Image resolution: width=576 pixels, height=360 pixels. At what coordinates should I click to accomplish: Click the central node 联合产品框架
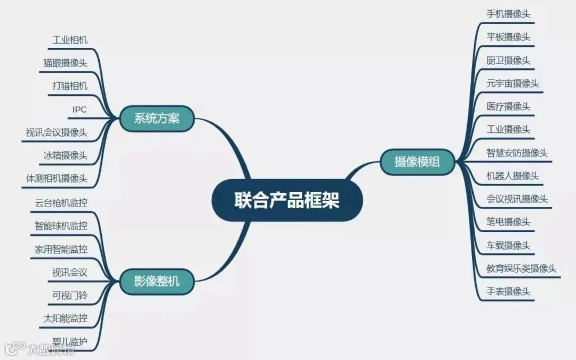click(x=287, y=201)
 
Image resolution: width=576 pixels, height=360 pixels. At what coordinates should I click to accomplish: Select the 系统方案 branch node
click(x=156, y=118)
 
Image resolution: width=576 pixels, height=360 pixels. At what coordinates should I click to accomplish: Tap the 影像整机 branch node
click(x=156, y=281)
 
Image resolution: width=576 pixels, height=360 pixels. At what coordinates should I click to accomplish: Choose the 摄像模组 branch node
click(x=417, y=161)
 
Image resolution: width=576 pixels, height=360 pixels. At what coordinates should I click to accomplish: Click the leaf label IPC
click(x=79, y=110)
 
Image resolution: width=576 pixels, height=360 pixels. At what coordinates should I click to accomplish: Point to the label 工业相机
click(x=70, y=40)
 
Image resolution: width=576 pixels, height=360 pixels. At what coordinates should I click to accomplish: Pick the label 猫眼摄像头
click(x=65, y=63)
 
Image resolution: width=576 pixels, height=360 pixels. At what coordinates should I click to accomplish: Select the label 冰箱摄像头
click(x=65, y=155)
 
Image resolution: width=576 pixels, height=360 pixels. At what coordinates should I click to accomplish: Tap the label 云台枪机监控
click(x=61, y=203)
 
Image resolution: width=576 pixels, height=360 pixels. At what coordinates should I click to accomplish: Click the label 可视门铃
click(x=70, y=295)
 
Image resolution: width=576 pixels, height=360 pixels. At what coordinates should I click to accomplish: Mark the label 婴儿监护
click(x=70, y=341)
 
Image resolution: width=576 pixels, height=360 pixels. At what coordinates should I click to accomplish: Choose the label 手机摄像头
click(x=508, y=14)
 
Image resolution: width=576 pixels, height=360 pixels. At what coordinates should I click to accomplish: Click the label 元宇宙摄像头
click(x=513, y=84)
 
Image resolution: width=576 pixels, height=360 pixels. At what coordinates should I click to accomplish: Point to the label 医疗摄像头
click(x=508, y=107)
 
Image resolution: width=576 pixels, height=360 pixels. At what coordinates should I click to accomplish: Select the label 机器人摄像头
click(x=513, y=176)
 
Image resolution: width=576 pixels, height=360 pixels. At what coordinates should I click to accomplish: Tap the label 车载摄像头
click(x=508, y=245)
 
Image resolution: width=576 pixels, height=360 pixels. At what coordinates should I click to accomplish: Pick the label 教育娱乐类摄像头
click(x=521, y=268)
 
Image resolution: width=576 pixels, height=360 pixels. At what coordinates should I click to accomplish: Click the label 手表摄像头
click(x=508, y=292)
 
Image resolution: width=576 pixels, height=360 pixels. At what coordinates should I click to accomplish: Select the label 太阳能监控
click(x=65, y=319)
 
